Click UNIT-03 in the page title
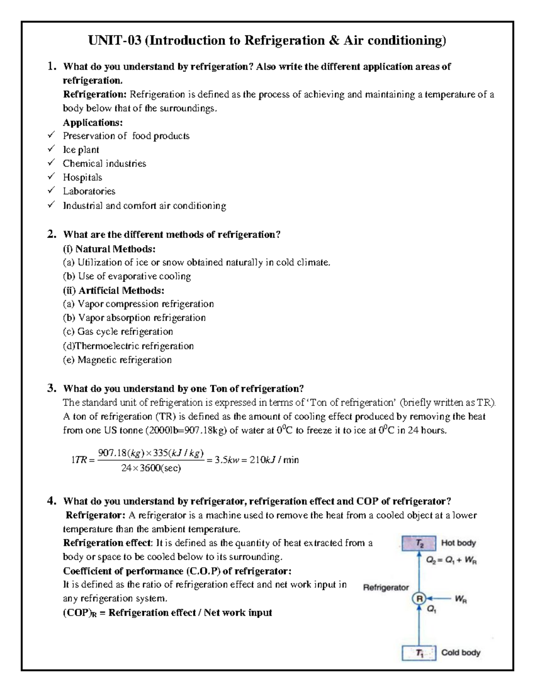click(115, 41)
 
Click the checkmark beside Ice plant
click(52, 148)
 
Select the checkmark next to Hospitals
click(52, 176)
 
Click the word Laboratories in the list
click(89, 191)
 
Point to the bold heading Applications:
click(93, 122)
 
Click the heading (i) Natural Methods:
click(109, 249)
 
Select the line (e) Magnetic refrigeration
click(117, 360)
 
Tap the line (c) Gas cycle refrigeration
click(118, 332)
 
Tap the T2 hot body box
click(419, 543)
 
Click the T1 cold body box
click(419, 653)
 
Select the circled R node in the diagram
click(419, 599)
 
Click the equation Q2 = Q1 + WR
click(451, 561)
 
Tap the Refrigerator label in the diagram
click(386, 587)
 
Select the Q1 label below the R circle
click(431, 610)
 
